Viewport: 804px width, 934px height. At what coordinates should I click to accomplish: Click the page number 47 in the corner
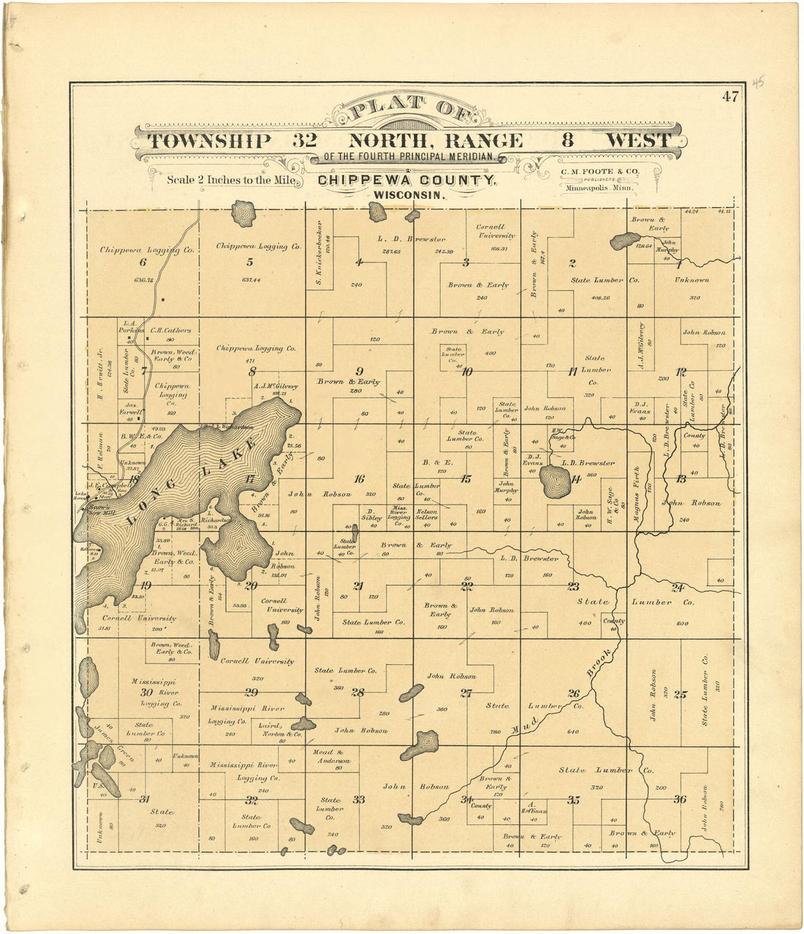(729, 96)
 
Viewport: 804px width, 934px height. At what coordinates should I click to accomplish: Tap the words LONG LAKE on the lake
(192, 482)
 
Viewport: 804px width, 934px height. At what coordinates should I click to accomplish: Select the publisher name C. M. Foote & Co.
(600, 171)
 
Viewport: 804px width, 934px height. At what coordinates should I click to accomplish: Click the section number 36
(680, 799)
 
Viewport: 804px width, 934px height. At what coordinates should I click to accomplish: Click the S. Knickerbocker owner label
(319, 249)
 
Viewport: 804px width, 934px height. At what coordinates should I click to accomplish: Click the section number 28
(357, 692)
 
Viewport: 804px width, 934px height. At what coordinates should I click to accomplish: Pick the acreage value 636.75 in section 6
(143, 279)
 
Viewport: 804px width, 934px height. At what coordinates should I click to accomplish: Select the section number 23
(573, 586)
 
